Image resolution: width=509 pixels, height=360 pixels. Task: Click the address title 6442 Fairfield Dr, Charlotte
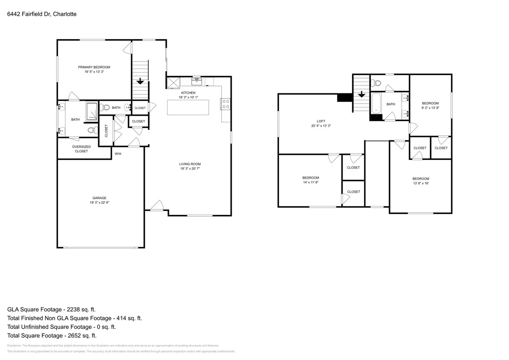42,14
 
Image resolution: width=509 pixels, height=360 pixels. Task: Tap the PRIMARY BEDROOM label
94,67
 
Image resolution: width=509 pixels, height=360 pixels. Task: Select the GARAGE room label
99,198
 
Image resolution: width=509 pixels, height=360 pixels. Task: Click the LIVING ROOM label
190,164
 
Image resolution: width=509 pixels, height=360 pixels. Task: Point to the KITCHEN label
188,93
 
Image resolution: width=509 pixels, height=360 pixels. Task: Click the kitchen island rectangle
188,107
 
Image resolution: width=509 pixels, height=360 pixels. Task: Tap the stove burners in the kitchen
225,104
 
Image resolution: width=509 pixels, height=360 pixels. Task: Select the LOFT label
321,121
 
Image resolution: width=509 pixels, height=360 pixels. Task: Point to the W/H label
118,154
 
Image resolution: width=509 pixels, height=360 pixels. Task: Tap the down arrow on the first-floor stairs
140,81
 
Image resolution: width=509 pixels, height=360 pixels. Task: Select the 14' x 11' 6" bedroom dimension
311,182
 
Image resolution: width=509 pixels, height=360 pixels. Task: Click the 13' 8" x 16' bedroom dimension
420,183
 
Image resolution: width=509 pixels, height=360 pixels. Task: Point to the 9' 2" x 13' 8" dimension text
430,108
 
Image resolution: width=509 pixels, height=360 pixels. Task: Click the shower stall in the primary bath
91,111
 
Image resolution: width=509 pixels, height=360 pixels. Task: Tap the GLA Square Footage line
54,309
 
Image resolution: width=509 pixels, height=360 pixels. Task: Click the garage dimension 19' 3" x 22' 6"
99,203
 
